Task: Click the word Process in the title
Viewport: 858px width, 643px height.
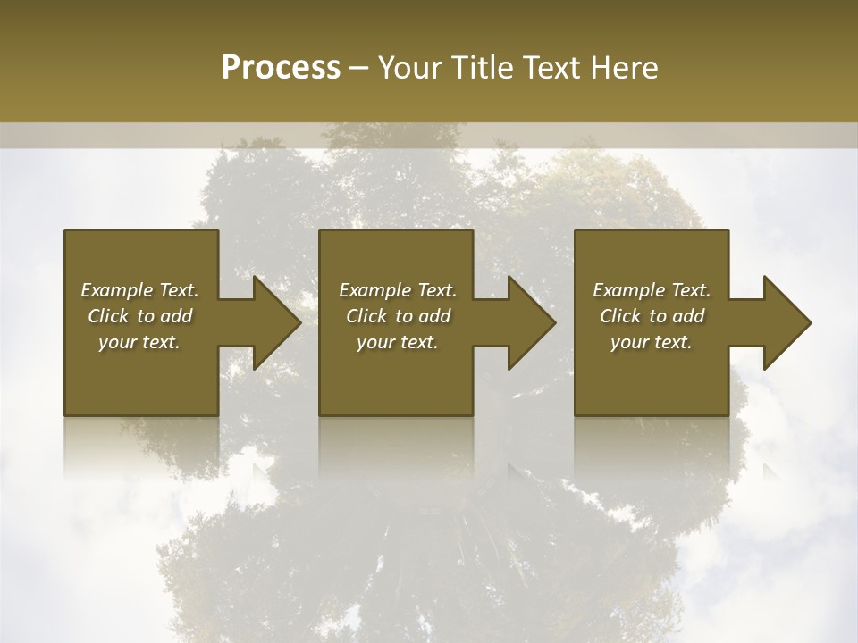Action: coord(281,68)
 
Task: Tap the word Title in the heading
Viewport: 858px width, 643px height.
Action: coord(484,68)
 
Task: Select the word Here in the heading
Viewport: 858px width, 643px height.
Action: coord(624,68)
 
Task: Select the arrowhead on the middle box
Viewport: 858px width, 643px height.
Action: coord(530,322)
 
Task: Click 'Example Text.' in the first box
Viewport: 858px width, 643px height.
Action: coord(139,290)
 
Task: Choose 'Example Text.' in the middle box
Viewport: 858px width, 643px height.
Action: coord(398,290)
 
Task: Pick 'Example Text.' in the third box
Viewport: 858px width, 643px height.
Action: coord(652,290)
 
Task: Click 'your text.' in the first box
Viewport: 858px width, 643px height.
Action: coord(139,342)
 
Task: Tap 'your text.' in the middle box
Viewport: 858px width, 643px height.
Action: coord(398,342)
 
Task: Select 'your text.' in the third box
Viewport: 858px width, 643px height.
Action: coord(652,342)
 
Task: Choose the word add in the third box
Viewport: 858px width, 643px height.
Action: coord(688,316)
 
